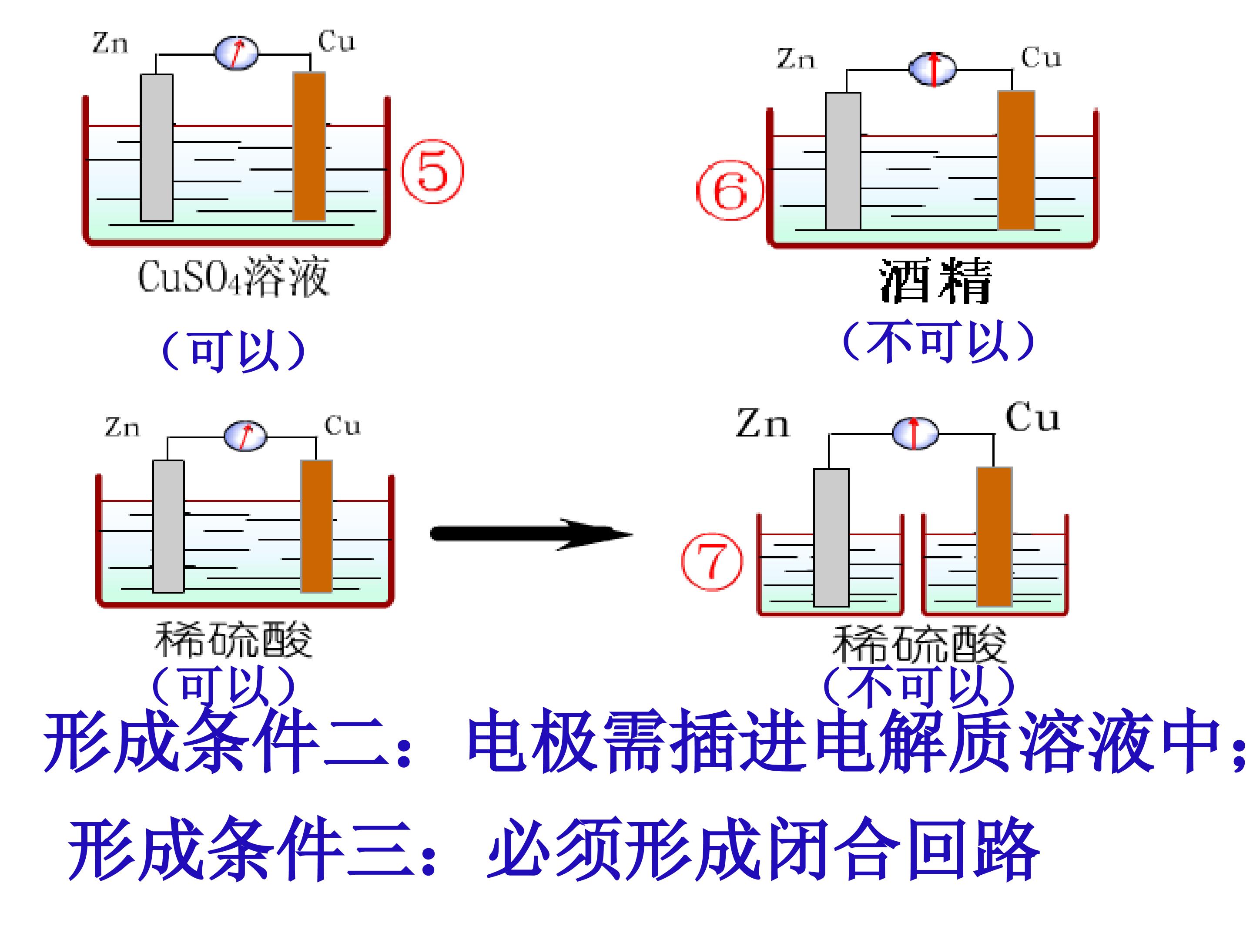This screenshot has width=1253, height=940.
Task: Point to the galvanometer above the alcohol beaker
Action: (932, 69)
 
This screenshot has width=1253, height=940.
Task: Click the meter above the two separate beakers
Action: (915, 433)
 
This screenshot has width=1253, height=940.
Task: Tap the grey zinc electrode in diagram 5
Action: (156, 148)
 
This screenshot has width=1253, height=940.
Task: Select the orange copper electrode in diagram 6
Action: (1016, 160)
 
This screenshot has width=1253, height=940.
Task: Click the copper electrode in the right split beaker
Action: (994, 537)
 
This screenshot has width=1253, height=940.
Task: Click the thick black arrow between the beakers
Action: (531, 534)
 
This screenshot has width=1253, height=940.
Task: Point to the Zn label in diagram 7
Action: (762, 423)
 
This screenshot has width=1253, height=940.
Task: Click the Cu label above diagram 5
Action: (336, 41)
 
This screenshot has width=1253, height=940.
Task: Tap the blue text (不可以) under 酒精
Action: (938, 342)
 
